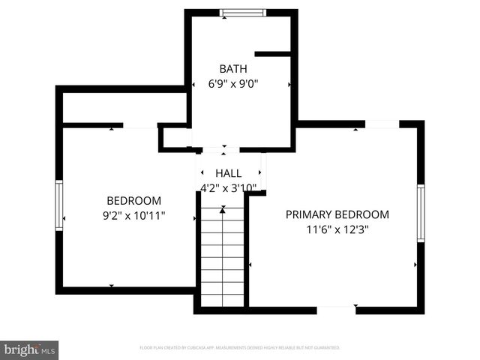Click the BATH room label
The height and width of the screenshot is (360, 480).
[x=233, y=69]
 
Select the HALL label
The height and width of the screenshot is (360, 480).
[x=229, y=173]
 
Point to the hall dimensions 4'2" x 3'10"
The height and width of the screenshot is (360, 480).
[x=229, y=187]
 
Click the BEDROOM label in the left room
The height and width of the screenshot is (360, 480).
[x=134, y=200]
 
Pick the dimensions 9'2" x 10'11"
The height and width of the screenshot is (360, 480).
[x=134, y=215]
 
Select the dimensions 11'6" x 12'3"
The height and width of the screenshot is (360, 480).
[x=337, y=229]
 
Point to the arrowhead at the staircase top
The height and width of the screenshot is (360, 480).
[x=222, y=211]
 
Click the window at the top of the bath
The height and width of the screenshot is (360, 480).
[x=241, y=12]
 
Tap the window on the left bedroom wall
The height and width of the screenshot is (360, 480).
[x=58, y=204]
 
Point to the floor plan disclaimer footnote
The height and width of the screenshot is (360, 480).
[x=240, y=348]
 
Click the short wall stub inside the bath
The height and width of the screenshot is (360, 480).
[x=272, y=54]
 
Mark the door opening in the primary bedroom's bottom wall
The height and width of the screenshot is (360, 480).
[x=335, y=309]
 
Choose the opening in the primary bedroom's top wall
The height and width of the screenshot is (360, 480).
[x=382, y=124]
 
